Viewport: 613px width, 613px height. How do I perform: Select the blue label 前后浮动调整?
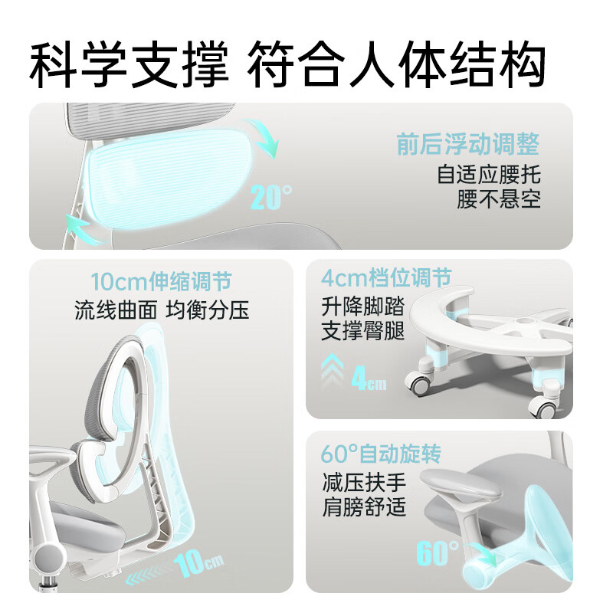467,144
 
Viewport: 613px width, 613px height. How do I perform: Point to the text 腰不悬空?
498,199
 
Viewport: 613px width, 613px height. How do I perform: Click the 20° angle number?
270,198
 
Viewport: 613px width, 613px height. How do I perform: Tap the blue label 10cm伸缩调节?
161,280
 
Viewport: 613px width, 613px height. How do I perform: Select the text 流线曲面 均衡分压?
162,310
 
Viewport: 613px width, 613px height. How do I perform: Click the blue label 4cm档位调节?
387,277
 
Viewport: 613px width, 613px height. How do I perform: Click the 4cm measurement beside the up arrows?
369,378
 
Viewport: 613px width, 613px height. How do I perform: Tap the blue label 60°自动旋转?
381,454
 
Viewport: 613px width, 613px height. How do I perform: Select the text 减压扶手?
364,483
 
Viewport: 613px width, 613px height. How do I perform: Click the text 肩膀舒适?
364,507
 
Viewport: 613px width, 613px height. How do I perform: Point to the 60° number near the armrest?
438,552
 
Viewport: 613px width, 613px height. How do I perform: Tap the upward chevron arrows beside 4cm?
334,375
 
